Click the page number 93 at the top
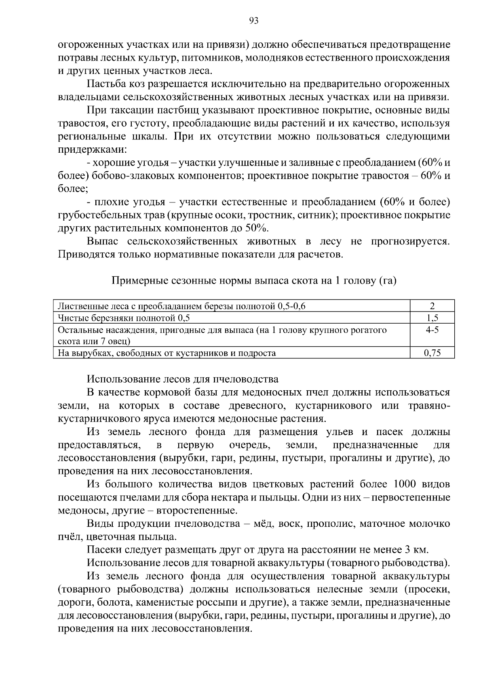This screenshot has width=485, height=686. (x=254, y=21)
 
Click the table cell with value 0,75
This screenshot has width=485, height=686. (x=432, y=353)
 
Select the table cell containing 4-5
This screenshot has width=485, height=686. (x=432, y=330)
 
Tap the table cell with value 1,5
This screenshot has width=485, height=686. (x=432, y=318)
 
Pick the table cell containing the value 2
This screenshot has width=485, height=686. (x=432, y=306)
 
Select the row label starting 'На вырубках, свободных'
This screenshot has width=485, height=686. (x=167, y=353)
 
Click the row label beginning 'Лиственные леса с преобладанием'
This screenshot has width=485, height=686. (x=181, y=306)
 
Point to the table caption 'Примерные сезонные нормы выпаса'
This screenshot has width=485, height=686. (x=254, y=280)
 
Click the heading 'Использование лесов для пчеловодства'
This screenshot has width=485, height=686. (x=183, y=379)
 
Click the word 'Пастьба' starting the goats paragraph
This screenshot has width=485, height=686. (x=103, y=84)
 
